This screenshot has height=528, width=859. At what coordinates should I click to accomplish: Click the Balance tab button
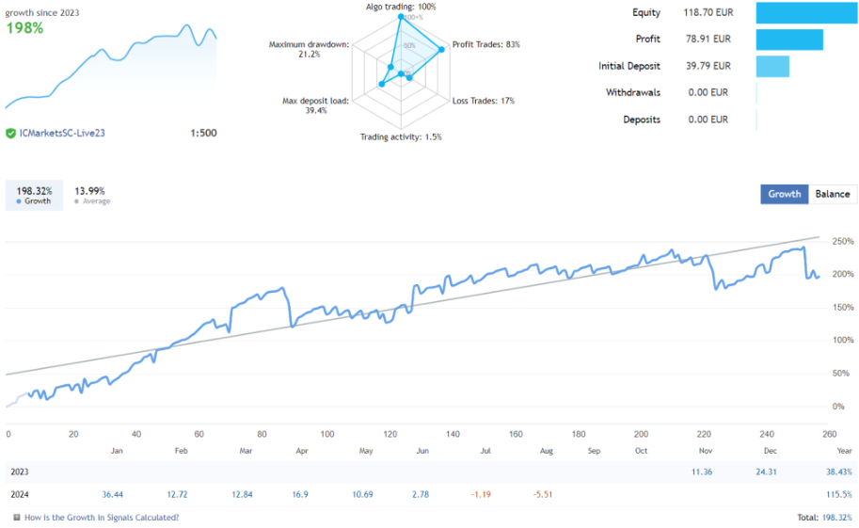(x=832, y=194)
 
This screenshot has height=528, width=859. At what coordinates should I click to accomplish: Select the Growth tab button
(x=784, y=194)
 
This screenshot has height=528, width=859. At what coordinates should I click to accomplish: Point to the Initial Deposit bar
(x=772, y=67)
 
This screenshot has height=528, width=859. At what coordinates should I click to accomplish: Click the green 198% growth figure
(x=24, y=28)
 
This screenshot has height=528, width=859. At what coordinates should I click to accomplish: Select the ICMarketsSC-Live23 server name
(x=62, y=133)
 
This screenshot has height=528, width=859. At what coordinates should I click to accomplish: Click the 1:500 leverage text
(x=203, y=133)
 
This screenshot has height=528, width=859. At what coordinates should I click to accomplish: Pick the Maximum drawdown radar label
(x=309, y=49)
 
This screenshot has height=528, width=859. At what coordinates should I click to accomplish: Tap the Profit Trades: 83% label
(x=486, y=44)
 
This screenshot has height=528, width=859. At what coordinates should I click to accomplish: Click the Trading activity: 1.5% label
(x=401, y=137)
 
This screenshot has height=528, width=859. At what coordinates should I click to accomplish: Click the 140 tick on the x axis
(x=453, y=434)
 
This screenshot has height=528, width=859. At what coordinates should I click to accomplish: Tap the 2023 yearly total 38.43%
(x=836, y=471)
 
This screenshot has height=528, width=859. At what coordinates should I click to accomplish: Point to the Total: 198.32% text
(x=824, y=518)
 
